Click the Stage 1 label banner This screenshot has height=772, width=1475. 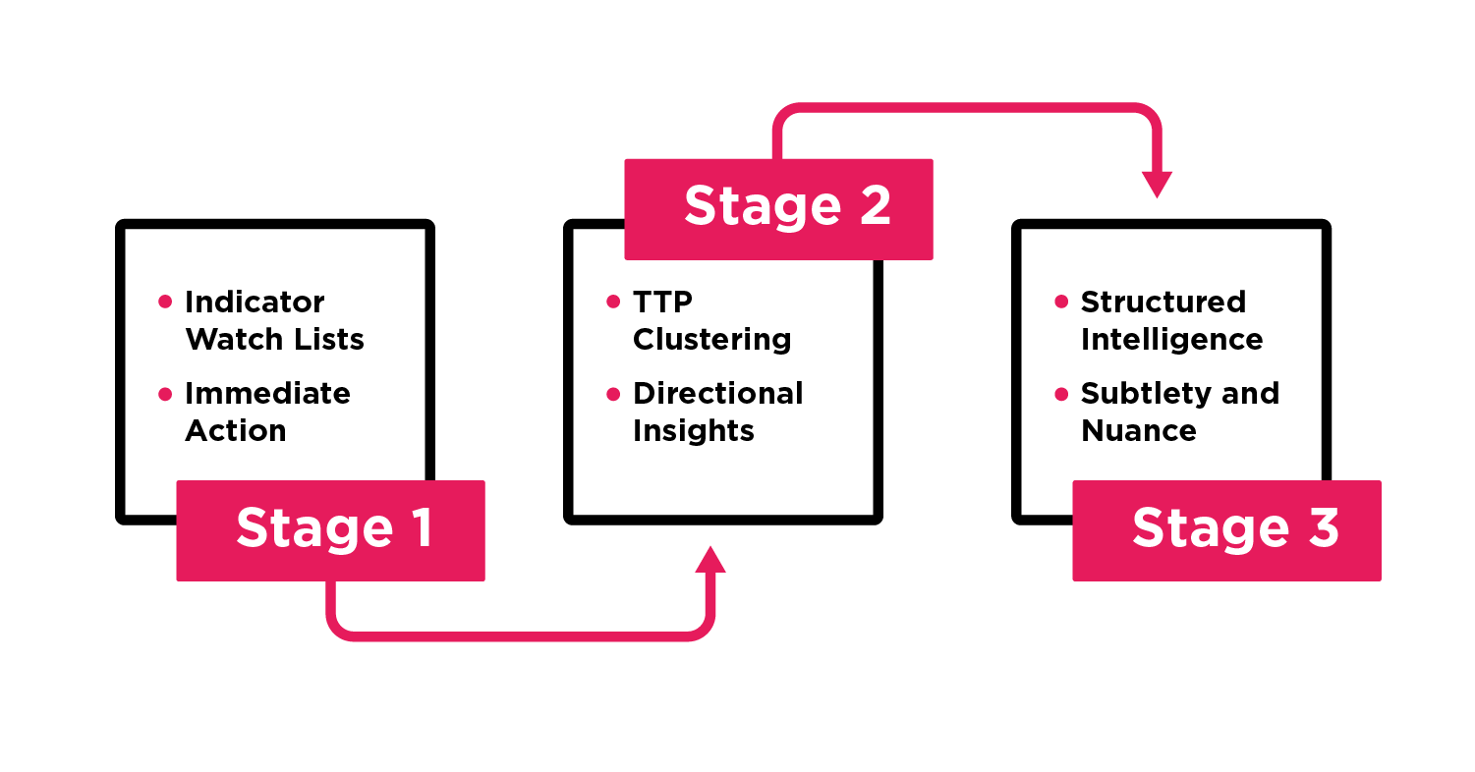tap(330, 530)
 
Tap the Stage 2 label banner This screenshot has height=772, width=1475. tap(778, 208)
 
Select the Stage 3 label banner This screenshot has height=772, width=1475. tap(1226, 530)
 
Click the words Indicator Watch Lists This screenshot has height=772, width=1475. tap(274, 320)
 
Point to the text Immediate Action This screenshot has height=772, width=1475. tap(267, 412)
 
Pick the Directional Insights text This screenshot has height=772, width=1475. tap(717, 412)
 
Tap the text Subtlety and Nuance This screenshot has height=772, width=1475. tap(1179, 412)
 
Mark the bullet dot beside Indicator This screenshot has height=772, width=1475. tap(165, 303)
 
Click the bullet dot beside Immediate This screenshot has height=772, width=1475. tap(165, 394)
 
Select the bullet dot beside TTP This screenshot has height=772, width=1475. tap(613, 303)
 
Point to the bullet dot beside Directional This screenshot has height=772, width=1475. tap(613, 394)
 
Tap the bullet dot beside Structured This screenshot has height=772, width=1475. tap(1061, 303)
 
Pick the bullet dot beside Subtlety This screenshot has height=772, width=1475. tap(1061, 394)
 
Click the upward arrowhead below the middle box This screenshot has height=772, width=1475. tap(709, 560)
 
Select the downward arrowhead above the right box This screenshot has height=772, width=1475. tap(1157, 184)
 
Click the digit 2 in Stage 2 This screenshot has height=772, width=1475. tap(874, 207)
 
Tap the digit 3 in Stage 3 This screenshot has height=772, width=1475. tap(1323, 529)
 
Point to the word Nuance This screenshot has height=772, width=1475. tap(1139, 430)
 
